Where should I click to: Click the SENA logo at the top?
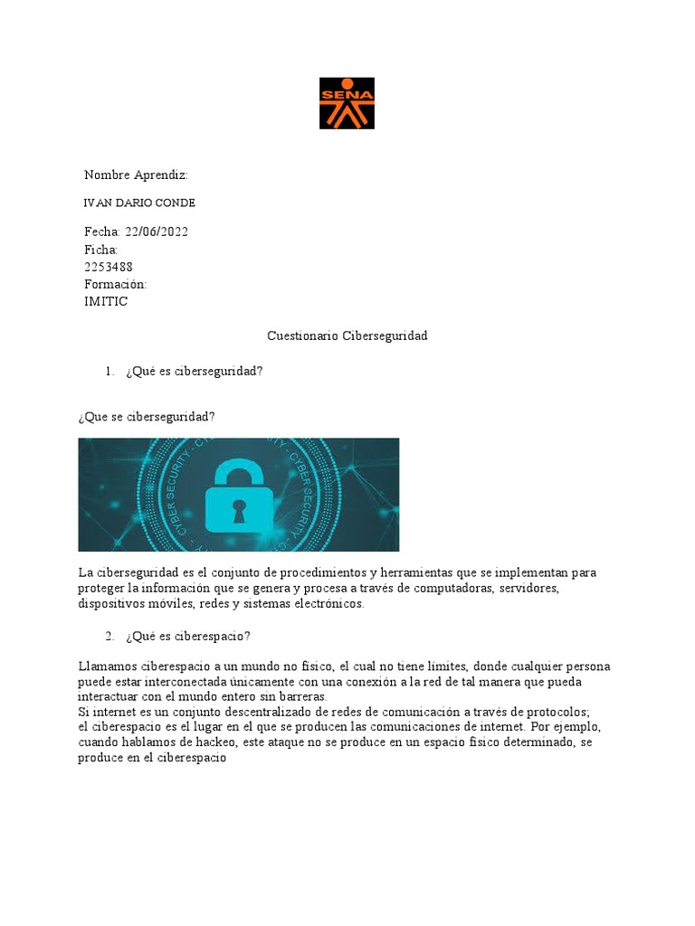click(x=347, y=103)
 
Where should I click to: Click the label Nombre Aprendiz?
click(x=136, y=175)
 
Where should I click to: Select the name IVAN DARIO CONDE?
click(x=139, y=203)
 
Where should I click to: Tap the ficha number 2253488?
click(x=109, y=267)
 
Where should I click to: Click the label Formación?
click(x=115, y=284)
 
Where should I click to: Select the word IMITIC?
click(x=106, y=301)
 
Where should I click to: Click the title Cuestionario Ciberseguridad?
click(x=347, y=335)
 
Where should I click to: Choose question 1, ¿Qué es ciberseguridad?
click(x=195, y=371)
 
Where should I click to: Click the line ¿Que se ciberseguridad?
click(x=147, y=416)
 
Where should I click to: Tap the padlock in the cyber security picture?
click(x=238, y=496)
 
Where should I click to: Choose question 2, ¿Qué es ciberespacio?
click(x=189, y=637)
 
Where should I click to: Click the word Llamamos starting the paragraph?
click(x=104, y=666)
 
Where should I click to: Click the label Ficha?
click(x=101, y=249)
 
